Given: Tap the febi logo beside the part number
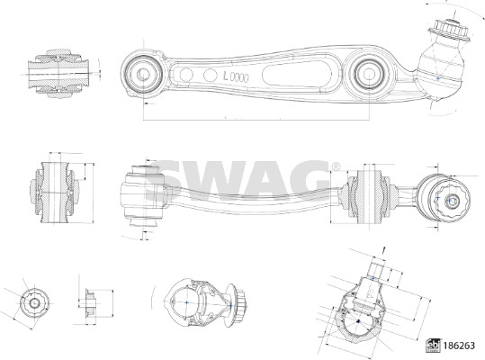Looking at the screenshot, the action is (434, 346).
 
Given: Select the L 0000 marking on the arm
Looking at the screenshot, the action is (236, 76).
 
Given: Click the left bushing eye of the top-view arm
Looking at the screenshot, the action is (142, 74).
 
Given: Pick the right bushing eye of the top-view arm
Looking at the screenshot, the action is (368, 74).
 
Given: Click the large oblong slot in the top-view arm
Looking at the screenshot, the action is (295, 74).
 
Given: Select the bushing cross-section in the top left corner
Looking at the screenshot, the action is (58, 73).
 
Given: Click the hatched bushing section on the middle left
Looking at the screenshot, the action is (56, 192).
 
